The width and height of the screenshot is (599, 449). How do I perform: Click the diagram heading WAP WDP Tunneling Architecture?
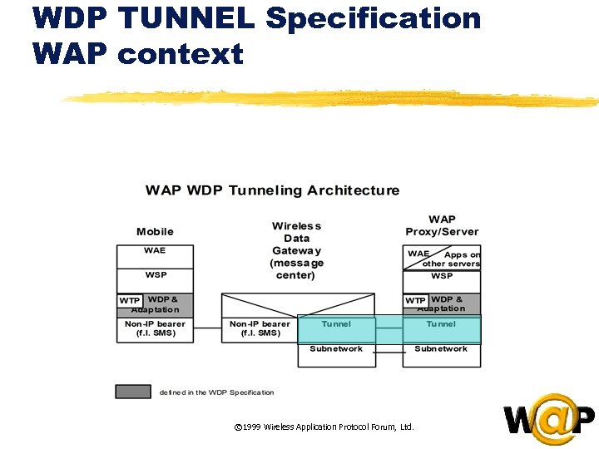pyautogui.click(x=272, y=190)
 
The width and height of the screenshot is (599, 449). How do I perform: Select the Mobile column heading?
pyautogui.click(x=155, y=231)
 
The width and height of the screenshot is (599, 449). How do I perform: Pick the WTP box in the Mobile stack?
pyautogui.click(x=130, y=300)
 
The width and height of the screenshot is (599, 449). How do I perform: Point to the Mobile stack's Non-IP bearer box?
pyautogui.click(x=155, y=329)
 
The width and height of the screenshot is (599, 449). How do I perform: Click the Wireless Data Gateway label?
pyautogui.click(x=297, y=250)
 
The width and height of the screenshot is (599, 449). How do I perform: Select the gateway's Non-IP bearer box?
pyautogui.click(x=260, y=329)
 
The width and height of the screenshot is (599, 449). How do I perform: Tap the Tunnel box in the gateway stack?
pyautogui.click(x=336, y=325)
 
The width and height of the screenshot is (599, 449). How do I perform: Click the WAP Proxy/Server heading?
pyautogui.click(x=442, y=225)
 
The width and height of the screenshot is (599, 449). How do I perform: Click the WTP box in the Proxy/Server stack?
pyautogui.click(x=415, y=300)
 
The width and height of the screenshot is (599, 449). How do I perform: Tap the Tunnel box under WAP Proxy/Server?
pyautogui.click(x=442, y=325)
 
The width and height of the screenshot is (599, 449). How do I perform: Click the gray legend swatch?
pyautogui.click(x=133, y=392)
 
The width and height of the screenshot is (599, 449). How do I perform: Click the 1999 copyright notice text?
pyautogui.click(x=324, y=427)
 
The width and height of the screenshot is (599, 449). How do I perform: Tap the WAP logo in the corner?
pyautogui.click(x=549, y=419)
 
